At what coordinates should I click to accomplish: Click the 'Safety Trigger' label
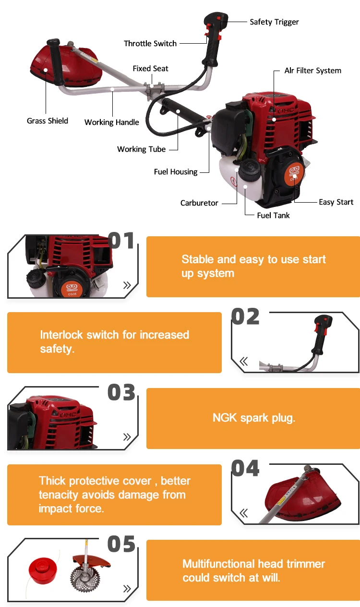[x=274, y=22]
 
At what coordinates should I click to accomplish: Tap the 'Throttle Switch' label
[x=150, y=44]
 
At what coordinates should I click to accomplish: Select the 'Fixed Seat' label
[x=150, y=69]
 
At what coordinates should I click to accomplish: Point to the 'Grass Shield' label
[x=48, y=121]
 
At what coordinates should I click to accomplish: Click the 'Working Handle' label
[x=111, y=122]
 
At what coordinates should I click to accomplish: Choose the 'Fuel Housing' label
[x=176, y=172]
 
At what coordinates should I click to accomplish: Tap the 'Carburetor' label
[x=199, y=203]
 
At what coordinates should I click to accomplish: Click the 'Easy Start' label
[x=336, y=202]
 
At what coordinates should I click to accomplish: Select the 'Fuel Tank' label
[x=273, y=216]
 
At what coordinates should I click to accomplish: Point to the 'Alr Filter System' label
[x=312, y=71]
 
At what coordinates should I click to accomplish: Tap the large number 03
[x=121, y=392]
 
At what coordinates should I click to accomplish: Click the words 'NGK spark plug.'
[x=253, y=418]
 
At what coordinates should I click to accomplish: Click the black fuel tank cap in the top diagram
[x=249, y=170]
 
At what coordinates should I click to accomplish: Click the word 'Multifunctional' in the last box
[x=219, y=564]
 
